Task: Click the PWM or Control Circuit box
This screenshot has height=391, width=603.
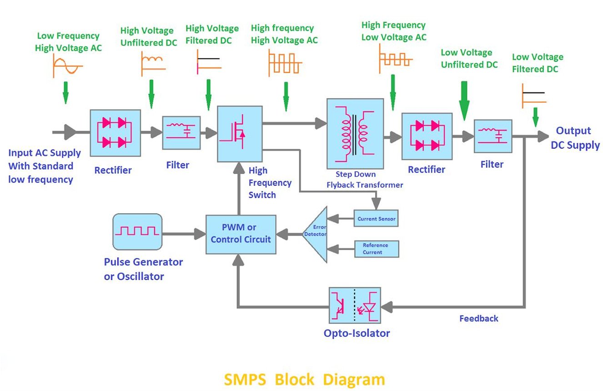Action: (241, 234)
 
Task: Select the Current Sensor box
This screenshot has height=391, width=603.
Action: (376, 219)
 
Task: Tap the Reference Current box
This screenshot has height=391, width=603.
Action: (376, 249)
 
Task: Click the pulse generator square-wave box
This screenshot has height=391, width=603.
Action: (137, 231)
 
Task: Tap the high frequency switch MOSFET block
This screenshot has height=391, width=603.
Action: (240, 134)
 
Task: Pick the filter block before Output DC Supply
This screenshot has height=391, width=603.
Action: (493, 136)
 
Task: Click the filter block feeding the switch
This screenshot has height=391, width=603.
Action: (181, 132)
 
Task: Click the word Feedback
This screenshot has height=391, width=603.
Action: (478, 318)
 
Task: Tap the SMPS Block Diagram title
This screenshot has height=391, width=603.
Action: (304, 379)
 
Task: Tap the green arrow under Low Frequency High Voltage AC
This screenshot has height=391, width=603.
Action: (65, 92)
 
